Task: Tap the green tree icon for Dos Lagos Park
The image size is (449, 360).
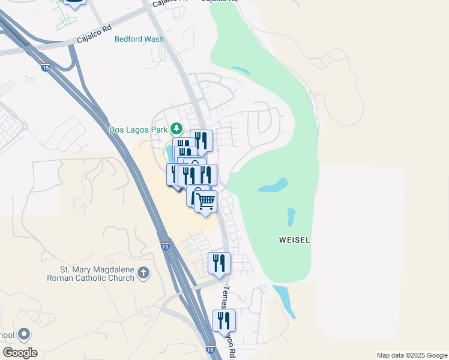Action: [176, 128]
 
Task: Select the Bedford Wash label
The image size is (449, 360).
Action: [139, 39]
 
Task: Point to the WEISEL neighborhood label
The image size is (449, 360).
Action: [295, 240]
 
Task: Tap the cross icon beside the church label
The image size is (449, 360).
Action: [143, 274]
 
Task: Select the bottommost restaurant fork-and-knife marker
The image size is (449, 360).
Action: [224, 320]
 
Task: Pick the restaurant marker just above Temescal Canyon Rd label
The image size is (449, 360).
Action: [220, 263]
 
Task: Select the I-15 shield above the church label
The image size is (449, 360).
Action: [165, 245]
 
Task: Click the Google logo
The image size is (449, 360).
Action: [20, 352]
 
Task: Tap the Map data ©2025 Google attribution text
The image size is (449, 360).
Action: [411, 355]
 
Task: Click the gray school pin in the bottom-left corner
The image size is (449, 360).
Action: [24, 334]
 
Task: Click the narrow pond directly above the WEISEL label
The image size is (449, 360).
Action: [291, 216]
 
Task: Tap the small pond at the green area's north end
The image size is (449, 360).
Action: [241, 71]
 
